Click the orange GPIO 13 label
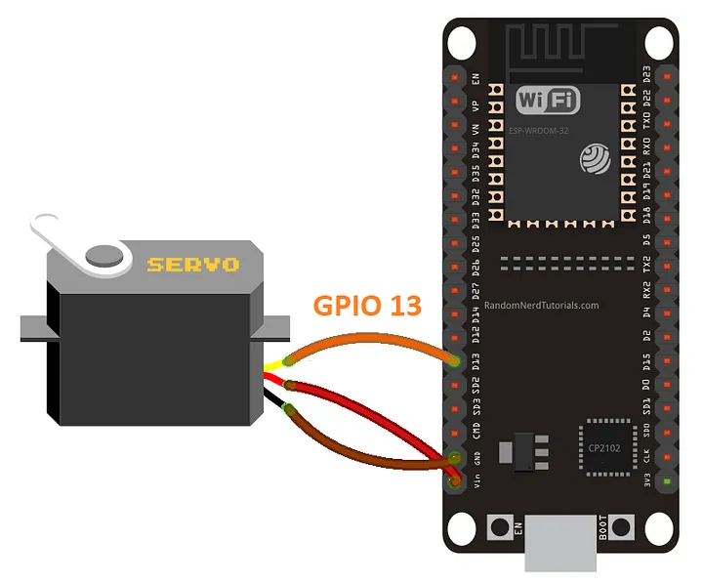pyautogui.click(x=367, y=306)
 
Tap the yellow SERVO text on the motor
pyautogui.click(x=192, y=264)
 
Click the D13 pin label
pyautogui.click(x=476, y=362)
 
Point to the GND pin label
pyautogui.click(x=476, y=457)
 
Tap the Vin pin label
pyautogui.click(x=476, y=481)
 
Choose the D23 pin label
pyautogui.click(x=646, y=74)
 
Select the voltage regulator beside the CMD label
pyautogui.click(x=508, y=451)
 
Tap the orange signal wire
pyautogui.click(x=371, y=341)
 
